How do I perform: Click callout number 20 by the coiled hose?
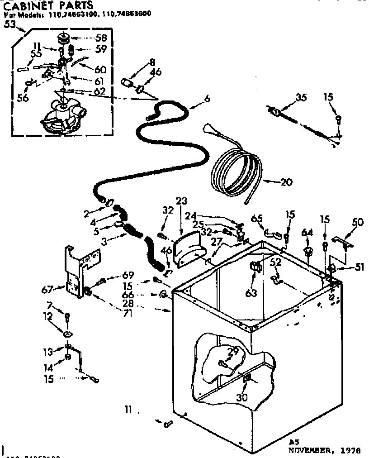[x=286, y=182]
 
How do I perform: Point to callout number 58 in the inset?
[x=101, y=38]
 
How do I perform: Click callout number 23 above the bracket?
[x=182, y=201]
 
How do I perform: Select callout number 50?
[x=358, y=222]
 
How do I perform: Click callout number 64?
[x=307, y=233]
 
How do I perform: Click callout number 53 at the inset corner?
[x=10, y=24]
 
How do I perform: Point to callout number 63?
[x=251, y=293]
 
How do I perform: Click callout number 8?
[x=152, y=62]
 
